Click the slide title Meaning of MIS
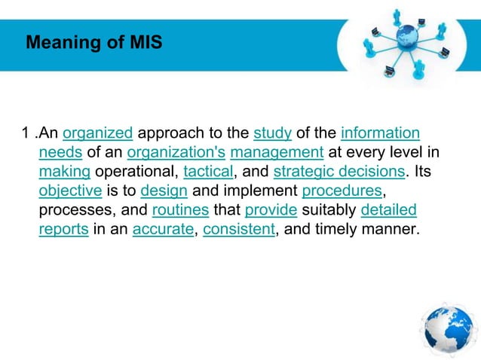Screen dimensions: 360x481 93,43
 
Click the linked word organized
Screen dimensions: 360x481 98,134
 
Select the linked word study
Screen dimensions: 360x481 272,134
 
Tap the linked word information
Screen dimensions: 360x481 380,134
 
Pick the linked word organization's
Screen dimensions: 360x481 176,154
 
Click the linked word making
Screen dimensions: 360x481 64,172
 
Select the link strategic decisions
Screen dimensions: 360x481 334,172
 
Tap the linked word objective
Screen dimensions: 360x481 69,191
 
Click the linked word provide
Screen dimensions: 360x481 270,210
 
